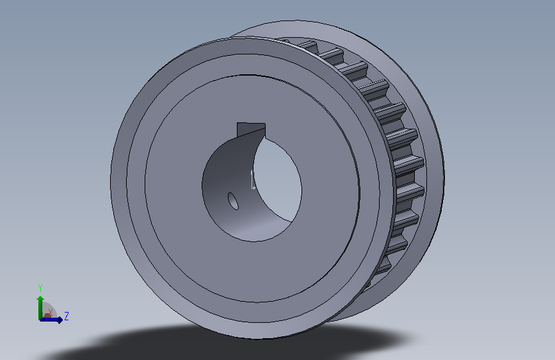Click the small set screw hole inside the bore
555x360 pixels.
point(233,201)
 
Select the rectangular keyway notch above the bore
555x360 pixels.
point(250,129)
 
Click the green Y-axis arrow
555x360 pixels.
point(40,307)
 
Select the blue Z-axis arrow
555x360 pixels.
point(51,320)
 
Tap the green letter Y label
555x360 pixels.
point(40,288)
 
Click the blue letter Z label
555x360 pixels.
point(66,316)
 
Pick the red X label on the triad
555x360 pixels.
point(51,312)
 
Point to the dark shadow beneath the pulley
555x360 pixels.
point(227,342)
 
